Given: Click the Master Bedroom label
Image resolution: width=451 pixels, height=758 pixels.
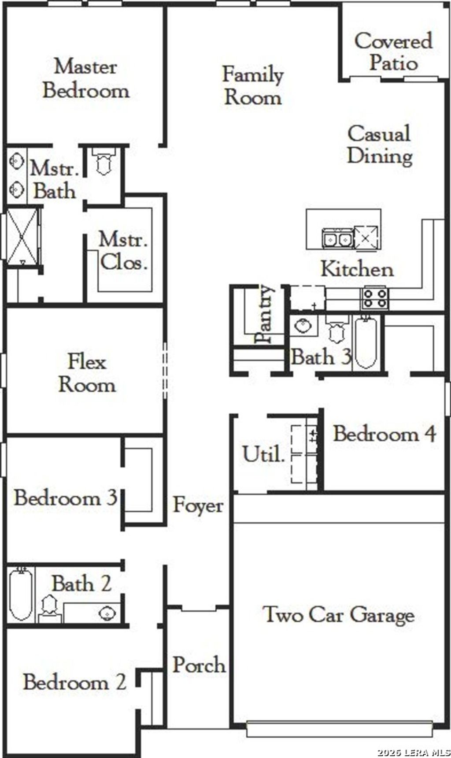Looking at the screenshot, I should coord(86,79).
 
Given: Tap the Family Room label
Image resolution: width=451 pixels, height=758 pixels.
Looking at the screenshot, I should coord(253,86).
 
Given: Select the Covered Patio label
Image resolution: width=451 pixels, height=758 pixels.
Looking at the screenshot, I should coord(393,52).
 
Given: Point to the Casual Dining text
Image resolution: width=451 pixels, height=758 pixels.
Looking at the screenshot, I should coord(380,145).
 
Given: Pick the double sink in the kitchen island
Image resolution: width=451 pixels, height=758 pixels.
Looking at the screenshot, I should coord(338,239).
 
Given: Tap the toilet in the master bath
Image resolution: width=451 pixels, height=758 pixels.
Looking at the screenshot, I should coord(104,161).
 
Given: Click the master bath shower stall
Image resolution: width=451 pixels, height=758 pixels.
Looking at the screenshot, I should coord(23,237).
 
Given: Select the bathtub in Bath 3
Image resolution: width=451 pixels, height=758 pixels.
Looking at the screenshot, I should coord(366,342).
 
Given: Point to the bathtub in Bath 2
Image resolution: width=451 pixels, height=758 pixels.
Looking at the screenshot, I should coord(21,594).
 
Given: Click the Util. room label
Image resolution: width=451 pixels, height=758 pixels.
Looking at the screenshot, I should coord(263,454).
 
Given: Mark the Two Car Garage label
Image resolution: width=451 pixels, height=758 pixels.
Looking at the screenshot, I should coord(338,614).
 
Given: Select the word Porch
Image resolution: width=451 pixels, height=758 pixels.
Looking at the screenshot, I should coord(199,665).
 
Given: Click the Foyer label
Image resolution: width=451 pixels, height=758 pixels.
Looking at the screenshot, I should coord(198,505).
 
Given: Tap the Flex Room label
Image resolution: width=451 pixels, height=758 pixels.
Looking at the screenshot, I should coord(87,373).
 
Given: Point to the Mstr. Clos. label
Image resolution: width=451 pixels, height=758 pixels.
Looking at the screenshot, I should coord(123,251).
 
